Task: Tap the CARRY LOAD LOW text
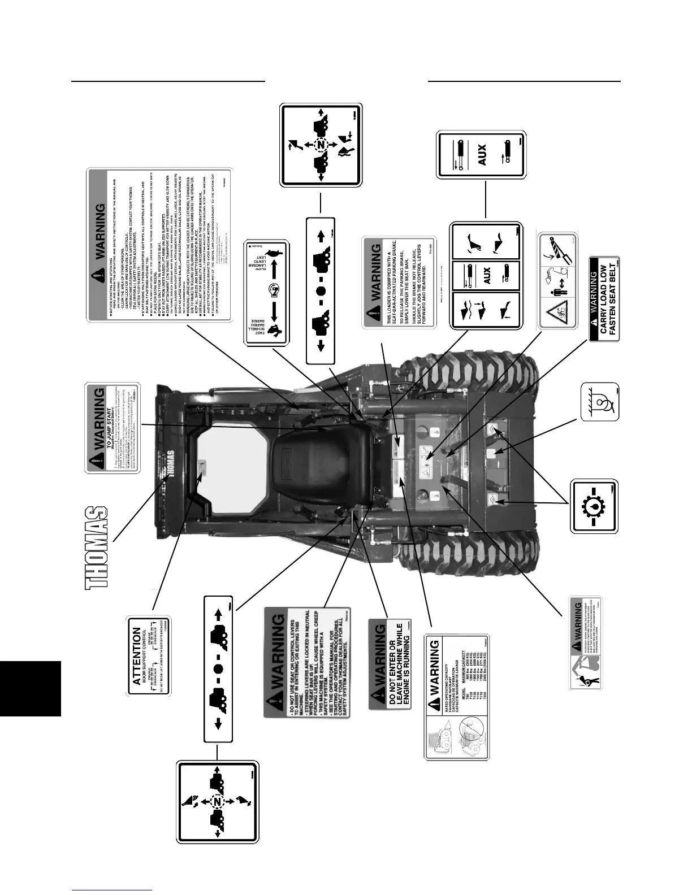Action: (x=603, y=298)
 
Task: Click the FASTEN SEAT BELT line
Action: (x=613, y=298)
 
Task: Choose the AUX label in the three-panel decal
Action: (x=486, y=274)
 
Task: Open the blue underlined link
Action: (x=112, y=890)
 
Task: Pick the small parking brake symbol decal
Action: (x=599, y=402)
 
